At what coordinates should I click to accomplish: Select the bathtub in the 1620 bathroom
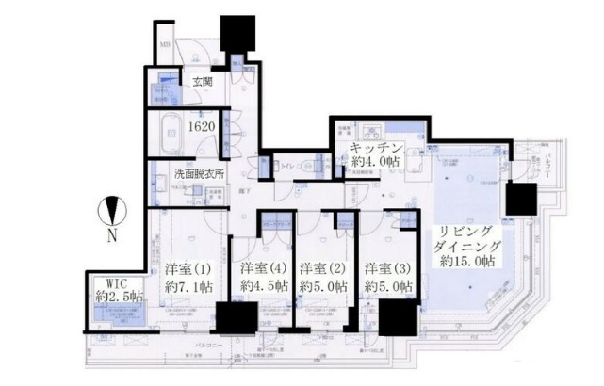click(x=166, y=128)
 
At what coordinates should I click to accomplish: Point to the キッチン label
click(x=377, y=150)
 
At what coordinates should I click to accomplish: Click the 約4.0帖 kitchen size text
click(x=376, y=164)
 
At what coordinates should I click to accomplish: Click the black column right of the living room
click(x=520, y=198)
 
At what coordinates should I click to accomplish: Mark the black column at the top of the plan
click(x=233, y=30)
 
